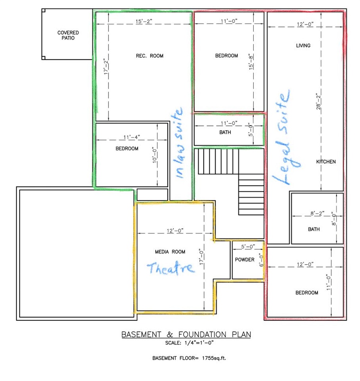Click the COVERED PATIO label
click(68, 35)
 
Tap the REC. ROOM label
click(149, 56)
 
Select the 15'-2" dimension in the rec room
click(144, 21)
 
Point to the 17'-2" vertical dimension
click(106, 66)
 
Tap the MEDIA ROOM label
click(170, 252)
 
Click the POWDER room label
click(245, 260)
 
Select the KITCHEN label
click(326, 162)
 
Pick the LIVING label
click(303, 45)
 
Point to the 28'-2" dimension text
click(318, 101)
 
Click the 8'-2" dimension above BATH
click(317, 214)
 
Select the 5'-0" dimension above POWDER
click(248, 246)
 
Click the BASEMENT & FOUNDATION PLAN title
click(186, 335)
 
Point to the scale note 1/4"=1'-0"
click(199, 343)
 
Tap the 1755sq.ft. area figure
click(214, 358)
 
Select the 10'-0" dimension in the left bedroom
click(155, 155)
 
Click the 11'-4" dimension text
click(132, 137)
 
